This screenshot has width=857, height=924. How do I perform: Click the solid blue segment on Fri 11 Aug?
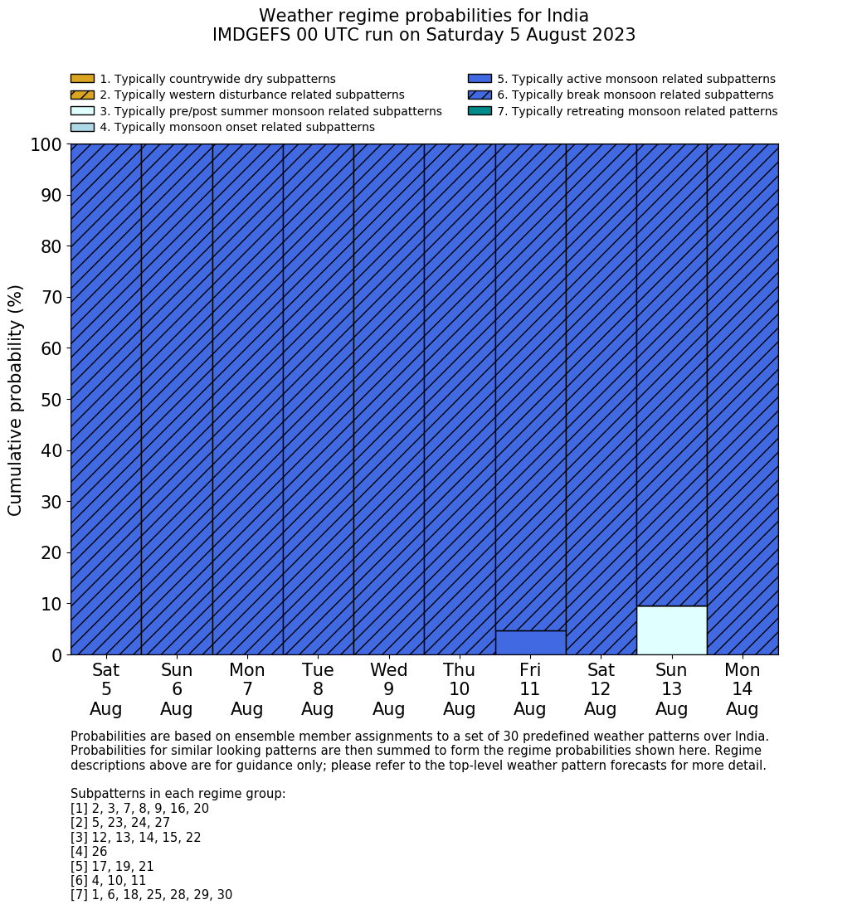530,643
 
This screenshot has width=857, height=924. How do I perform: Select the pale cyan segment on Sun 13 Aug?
671,630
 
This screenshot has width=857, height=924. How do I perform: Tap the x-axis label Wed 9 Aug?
388,689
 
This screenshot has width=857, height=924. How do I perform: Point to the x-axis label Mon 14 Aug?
742,689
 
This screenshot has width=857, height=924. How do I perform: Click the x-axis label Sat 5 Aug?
106,689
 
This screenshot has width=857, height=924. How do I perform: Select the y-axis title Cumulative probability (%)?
16,400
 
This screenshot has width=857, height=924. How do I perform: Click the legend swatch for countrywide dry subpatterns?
82,79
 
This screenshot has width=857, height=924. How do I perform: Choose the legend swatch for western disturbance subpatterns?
82,95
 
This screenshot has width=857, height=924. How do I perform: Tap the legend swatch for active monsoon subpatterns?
480,79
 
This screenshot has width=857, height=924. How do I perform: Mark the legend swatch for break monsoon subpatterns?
480,95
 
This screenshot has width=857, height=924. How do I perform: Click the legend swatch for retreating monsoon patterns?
480,111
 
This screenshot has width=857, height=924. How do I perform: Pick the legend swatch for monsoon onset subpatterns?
82,127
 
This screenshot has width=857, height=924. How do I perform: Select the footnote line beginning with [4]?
89,852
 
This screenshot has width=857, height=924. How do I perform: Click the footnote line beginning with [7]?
151,895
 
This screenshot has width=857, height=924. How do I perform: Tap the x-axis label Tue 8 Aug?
318,689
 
